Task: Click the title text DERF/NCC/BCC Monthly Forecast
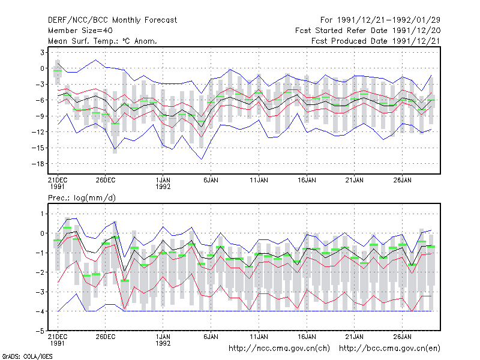pos(112,20)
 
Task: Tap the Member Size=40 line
pos(80,31)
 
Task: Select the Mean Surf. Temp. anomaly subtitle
pos(103,41)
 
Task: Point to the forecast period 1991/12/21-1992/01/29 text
pos(380,20)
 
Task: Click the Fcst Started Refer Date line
pos(368,31)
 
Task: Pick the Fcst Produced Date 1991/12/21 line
pos(376,41)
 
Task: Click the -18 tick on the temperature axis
pos(38,164)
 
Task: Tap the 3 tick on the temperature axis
pos(42,53)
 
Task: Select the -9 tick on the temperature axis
pos(40,116)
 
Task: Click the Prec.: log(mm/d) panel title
pos(82,198)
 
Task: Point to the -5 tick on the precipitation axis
pos(40,331)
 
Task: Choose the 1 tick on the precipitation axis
pos(42,214)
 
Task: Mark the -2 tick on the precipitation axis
pos(40,272)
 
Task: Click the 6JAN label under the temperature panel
pos(211,180)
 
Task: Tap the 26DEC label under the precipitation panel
pos(106,337)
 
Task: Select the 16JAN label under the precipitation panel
pos(307,337)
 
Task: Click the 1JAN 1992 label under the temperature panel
pos(163,184)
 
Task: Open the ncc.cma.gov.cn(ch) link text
pos(279,349)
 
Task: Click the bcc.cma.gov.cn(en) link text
pos(389,349)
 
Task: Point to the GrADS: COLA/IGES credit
pos(27,356)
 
